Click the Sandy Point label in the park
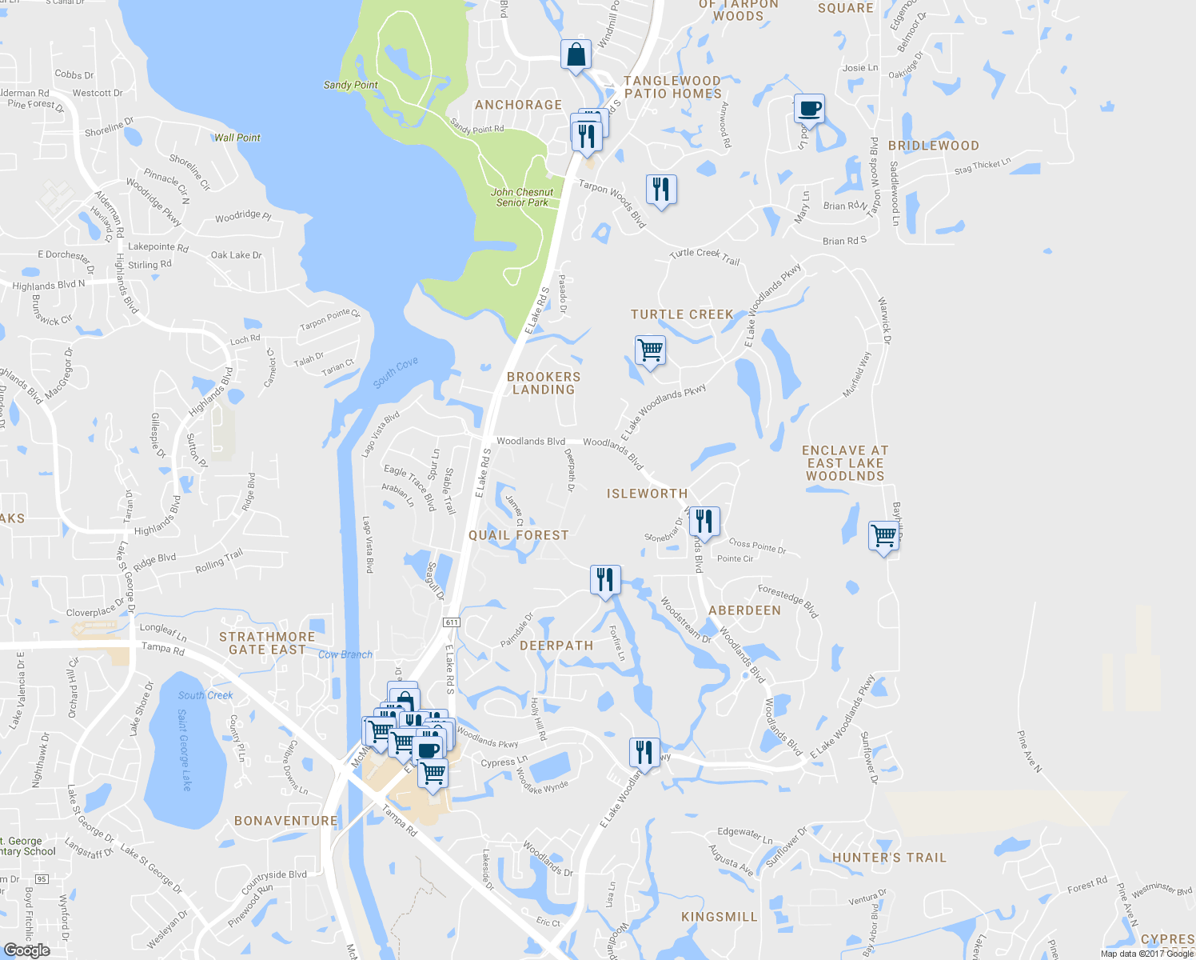tap(350, 85)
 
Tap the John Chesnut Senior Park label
tap(522, 197)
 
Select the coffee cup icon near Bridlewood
tap(809, 109)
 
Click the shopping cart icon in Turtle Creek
tap(650, 350)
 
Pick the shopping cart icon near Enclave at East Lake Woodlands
tap(883, 535)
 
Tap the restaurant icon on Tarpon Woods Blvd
tap(660, 190)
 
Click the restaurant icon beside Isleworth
tap(704, 522)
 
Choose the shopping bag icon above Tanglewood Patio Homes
tap(576, 55)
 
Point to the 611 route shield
tap(452, 622)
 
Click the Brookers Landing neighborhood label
tap(544, 383)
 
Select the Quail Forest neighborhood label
tap(518, 535)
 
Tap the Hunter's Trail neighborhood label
tap(889, 858)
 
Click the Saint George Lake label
tap(184, 750)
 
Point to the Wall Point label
tap(237, 138)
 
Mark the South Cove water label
tap(396, 373)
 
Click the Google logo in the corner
tap(26, 950)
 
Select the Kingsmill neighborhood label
tap(719, 917)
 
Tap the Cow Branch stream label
tap(345, 654)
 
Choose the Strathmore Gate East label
tap(267, 643)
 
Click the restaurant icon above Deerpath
tap(605, 580)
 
